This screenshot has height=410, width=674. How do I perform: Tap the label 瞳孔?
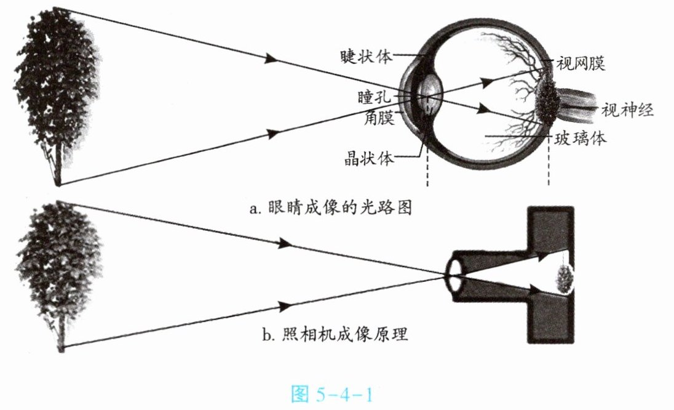pyautogui.click(x=373, y=97)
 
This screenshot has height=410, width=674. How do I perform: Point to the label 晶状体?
pyautogui.click(x=368, y=158)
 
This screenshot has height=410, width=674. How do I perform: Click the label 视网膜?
pyautogui.click(x=581, y=63)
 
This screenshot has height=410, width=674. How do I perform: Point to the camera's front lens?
pyautogui.click(x=454, y=273)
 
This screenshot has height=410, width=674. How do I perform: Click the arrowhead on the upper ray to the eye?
pyautogui.click(x=271, y=58)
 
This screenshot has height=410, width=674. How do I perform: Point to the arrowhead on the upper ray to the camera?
pyautogui.click(x=284, y=244)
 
